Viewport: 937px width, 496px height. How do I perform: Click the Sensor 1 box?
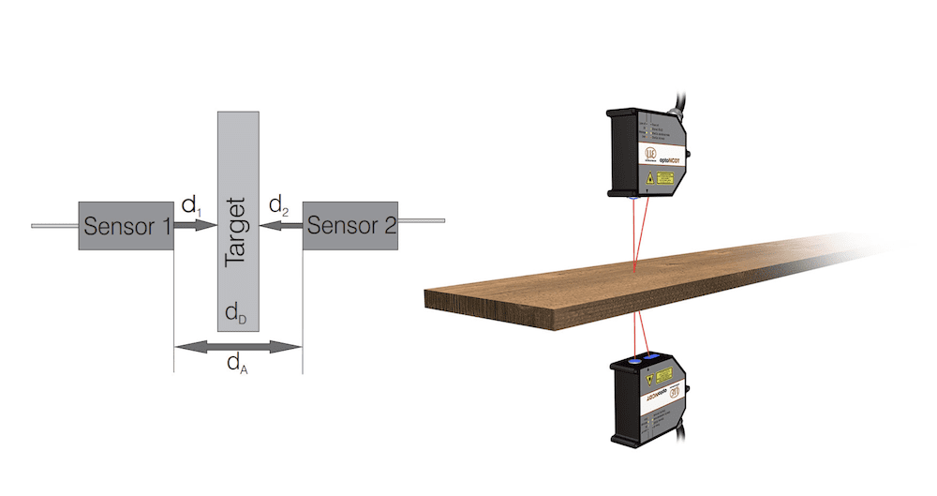[x=126, y=225]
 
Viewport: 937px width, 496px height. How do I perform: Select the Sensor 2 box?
[x=350, y=225]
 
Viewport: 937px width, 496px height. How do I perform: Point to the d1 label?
[x=191, y=204]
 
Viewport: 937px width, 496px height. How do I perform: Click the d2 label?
[x=278, y=204]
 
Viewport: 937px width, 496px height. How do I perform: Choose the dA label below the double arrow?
[x=237, y=364]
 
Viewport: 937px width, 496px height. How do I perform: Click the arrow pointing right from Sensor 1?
[x=195, y=225]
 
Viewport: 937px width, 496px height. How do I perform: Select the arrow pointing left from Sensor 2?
[x=280, y=225]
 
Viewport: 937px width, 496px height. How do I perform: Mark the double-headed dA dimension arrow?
[x=238, y=347]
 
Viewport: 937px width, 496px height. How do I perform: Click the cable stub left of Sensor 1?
[x=54, y=226]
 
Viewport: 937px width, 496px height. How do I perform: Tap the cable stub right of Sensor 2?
[x=421, y=222]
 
